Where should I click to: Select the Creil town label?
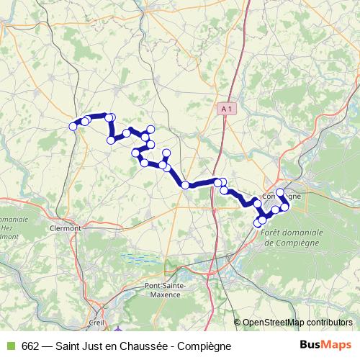[96, 323]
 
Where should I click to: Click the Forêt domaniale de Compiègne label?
[292, 238]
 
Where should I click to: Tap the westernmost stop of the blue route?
[73, 127]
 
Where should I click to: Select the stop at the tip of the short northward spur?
[166, 152]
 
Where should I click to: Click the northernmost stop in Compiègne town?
[279, 192]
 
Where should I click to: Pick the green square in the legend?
[10, 346]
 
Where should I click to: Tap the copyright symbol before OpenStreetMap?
[238, 323]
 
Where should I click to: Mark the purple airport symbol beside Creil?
[118, 330]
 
